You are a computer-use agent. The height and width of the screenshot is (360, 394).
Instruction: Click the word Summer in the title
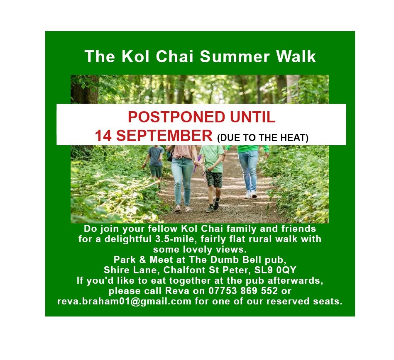tap(235, 56)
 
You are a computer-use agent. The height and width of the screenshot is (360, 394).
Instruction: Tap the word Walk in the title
tap(296, 56)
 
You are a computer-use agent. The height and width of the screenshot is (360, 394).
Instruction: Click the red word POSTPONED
tap(176, 117)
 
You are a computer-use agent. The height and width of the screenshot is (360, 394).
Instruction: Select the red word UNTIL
tap(253, 117)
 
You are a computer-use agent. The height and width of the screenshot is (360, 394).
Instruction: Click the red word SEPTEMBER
tap(164, 136)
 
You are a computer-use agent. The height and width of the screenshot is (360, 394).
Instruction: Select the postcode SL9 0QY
tap(275, 270)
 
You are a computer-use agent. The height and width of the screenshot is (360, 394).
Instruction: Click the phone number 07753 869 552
tap(243, 291)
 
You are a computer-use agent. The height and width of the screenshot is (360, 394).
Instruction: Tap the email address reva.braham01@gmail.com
tap(124, 301)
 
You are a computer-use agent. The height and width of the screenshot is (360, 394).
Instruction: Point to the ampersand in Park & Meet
tap(142, 260)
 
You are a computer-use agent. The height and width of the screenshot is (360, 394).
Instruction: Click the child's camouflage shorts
tap(214, 179)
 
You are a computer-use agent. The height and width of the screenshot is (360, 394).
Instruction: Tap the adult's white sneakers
tap(250, 194)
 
